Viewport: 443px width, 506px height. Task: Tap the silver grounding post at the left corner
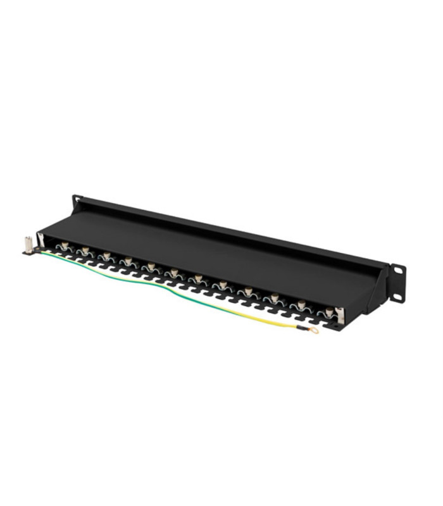click(28, 243)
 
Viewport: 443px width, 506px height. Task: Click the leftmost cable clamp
click(64, 245)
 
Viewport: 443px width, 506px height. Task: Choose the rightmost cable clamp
click(328, 312)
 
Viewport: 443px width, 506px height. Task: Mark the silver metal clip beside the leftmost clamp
click(42, 240)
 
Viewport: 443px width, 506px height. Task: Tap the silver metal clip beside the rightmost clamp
click(340, 314)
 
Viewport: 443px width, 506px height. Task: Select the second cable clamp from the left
click(84, 251)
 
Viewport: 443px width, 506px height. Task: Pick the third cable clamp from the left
click(106, 256)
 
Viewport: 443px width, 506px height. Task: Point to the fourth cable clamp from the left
click(128, 261)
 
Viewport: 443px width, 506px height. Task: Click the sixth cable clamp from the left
click(173, 273)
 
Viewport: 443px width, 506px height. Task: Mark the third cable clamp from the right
click(274, 298)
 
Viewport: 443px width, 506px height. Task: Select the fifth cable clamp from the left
click(151, 267)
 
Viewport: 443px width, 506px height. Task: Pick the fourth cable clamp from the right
click(248, 292)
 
